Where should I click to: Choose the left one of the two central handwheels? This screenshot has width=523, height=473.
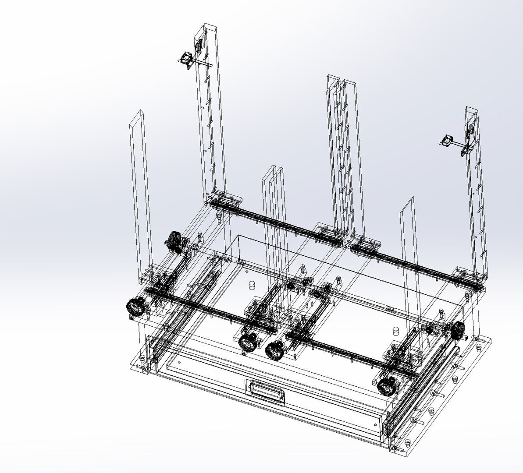248,342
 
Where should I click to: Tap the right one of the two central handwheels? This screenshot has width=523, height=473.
275,350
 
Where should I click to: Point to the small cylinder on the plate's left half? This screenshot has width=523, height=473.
252,285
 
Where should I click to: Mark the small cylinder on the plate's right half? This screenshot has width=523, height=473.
395,330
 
